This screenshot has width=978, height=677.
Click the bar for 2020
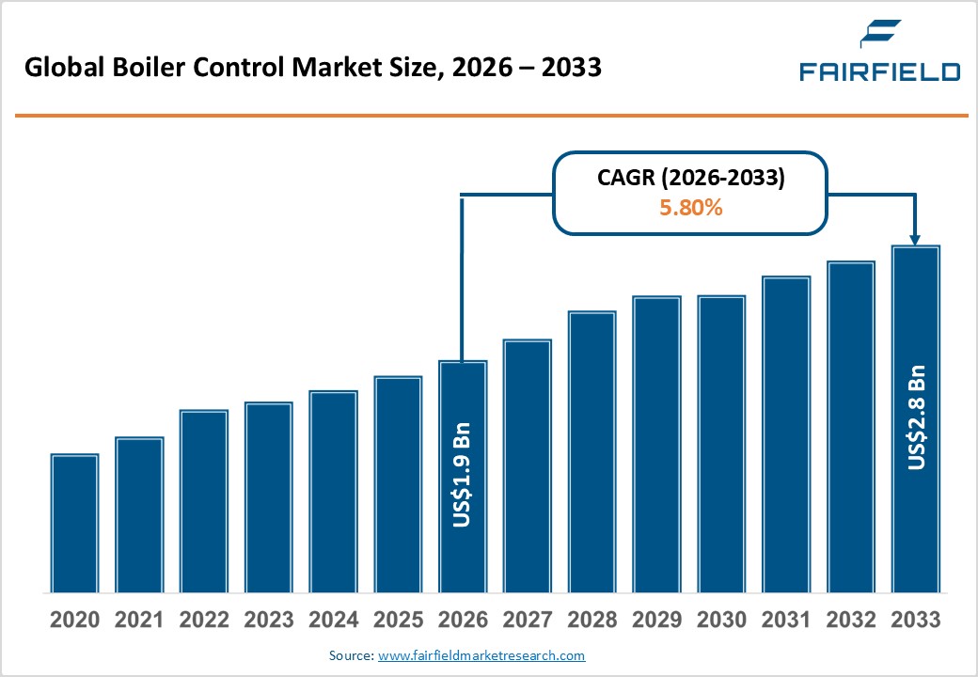(x=74, y=524)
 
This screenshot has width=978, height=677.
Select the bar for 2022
(x=204, y=501)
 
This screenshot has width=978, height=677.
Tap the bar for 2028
(x=592, y=452)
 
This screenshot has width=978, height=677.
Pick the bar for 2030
(x=721, y=444)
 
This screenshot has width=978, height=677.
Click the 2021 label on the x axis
(x=139, y=621)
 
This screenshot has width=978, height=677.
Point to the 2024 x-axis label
(x=333, y=621)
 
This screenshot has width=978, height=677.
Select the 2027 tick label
(x=527, y=621)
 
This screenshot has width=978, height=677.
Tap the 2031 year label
(x=785, y=621)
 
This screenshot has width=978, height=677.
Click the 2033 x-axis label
(x=915, y=621)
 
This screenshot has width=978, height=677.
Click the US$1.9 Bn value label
(x=462, y=479)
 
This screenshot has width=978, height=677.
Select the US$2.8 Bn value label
(x=916, y=417)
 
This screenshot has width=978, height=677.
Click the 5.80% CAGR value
(x=690, y=208)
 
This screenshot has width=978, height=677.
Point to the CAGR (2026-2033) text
(x=690, y=179)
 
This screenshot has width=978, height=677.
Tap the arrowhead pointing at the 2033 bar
(x=915, y=239)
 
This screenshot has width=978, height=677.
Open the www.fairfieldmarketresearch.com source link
(x=481, y=655)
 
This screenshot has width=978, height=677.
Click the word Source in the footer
(x=349, y=655)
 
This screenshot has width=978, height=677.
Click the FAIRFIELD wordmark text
(x=879, y=71)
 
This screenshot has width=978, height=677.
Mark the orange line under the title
(x=489, y=116)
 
